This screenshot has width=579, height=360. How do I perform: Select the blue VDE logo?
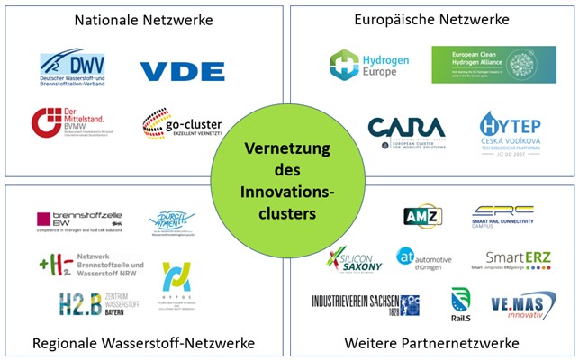coord(182,70)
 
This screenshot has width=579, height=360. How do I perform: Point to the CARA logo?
coord(405,132)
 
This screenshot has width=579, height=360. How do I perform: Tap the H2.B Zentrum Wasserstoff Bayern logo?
coord(97,303)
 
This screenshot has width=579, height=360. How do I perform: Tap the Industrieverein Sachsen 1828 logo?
coord(365,303)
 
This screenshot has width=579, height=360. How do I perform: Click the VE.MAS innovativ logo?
coord(523,304)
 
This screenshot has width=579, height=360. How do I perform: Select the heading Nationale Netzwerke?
coord(143,18)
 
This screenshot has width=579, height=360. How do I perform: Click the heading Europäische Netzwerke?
coord(431,18)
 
